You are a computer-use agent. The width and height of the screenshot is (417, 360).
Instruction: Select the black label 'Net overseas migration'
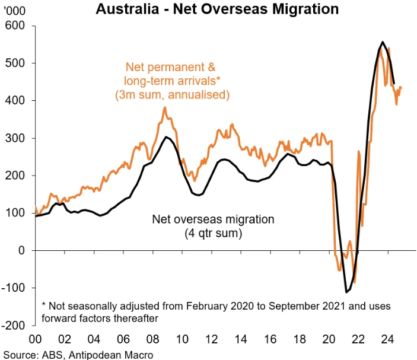click(x=213, y=219)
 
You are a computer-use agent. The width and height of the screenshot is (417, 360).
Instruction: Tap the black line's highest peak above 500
click(x=383, y=42)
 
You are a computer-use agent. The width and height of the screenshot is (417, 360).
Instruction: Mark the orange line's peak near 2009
click(x=165, y=108)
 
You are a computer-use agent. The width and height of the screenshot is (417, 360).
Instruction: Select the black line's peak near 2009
click(x=167, y=137)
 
